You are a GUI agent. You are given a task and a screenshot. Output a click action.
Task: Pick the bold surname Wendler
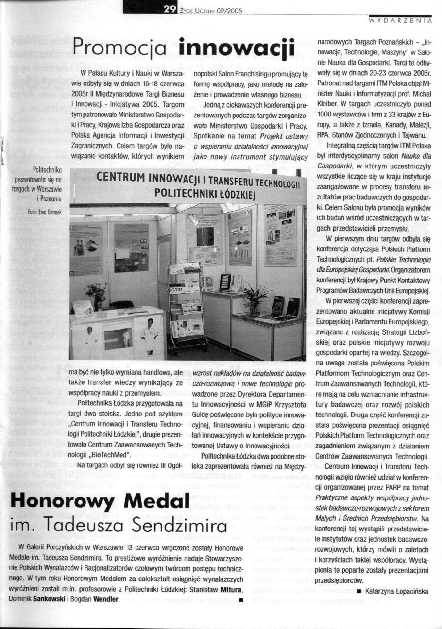(x=104, y=599)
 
